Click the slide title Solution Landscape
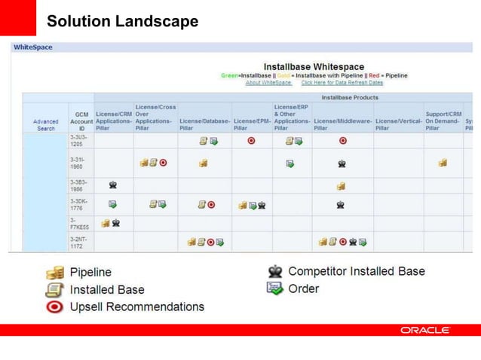(122, 21)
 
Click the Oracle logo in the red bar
(425, 330)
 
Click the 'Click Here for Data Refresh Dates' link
(342, 83)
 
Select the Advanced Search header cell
(46, 124)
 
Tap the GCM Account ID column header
(81, 121)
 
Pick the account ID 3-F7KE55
(80, 223)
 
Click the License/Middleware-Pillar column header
(342, 124)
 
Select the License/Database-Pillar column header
(204, 124)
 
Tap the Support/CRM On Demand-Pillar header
(443, 121)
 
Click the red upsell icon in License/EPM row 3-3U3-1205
(251, 141)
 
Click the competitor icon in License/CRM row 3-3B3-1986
(113, 185)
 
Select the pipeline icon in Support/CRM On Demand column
(443, 163)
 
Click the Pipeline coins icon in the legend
(54, 273)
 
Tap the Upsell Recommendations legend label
(137, 307)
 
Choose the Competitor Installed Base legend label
(357, 271)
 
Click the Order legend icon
(275, 288)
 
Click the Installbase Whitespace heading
(314, 67)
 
